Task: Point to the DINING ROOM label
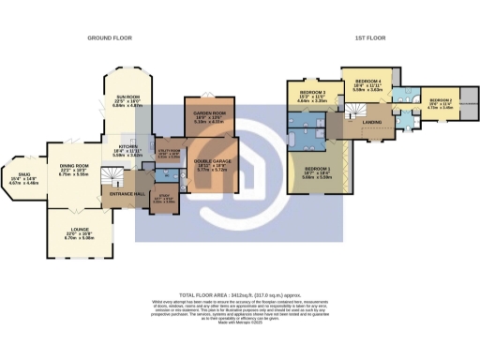pos(74,167)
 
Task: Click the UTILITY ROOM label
pos(169,154)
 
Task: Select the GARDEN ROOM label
pos(207,115)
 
